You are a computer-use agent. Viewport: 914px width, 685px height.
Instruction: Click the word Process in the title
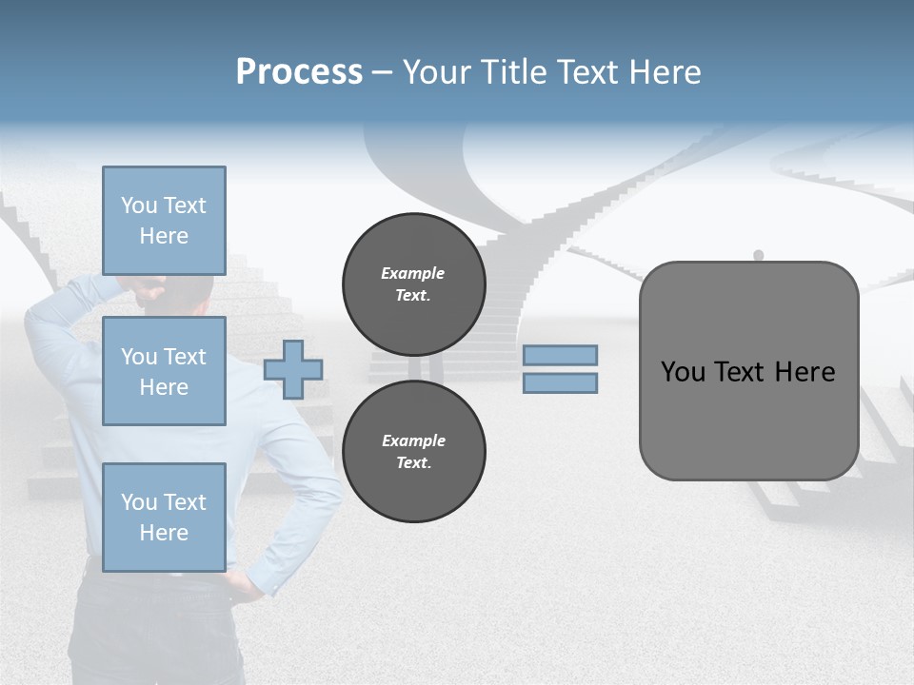(299, 72)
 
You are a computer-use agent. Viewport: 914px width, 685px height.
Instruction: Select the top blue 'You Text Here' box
(164, 221)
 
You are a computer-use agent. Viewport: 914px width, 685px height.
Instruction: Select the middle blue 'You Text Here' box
(164, 371)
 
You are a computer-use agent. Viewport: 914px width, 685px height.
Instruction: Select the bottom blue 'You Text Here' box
(164, 517)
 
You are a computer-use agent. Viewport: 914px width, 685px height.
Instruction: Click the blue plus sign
(293, 369)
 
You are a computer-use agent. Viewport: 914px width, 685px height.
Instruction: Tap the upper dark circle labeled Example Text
(413, 284)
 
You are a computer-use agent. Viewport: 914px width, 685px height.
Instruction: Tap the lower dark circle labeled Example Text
(413, 452)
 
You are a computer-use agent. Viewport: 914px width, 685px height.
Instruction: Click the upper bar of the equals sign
(560, 356)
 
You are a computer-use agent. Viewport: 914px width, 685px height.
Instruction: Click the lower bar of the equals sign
(560, 382)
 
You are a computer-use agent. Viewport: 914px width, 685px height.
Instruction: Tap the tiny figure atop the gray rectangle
(759, 255)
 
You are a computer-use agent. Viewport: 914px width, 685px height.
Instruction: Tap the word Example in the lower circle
(413, 440)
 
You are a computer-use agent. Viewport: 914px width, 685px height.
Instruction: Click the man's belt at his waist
(152, 571)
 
